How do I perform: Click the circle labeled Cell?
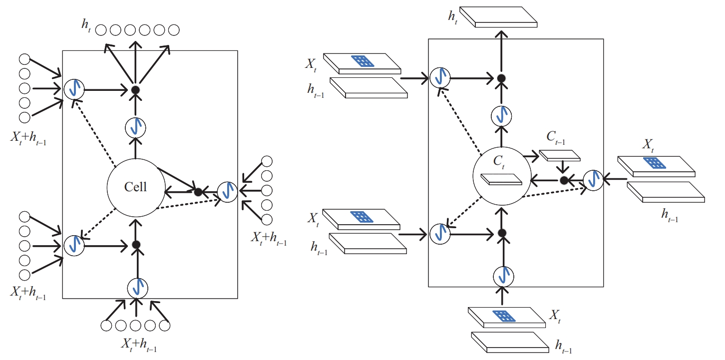135,187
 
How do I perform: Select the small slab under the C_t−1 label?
560,155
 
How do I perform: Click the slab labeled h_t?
498,17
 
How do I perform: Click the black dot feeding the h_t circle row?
135,90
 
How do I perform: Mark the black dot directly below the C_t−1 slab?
564,180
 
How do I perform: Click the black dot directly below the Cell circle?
135,245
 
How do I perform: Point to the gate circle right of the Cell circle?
228,192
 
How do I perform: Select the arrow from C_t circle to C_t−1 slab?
532,156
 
